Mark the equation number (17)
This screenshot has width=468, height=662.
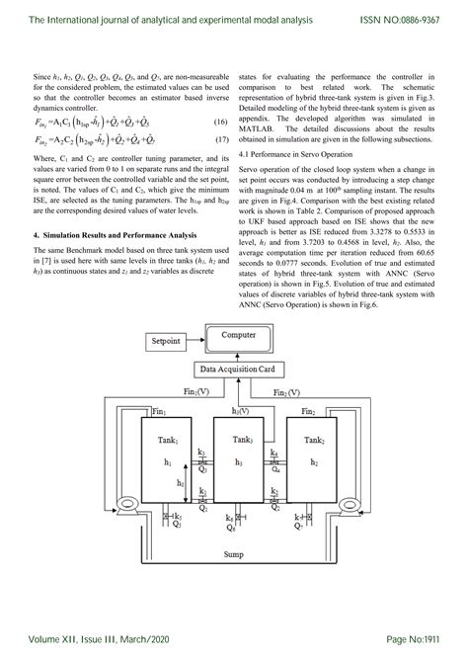click(222, 142)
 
